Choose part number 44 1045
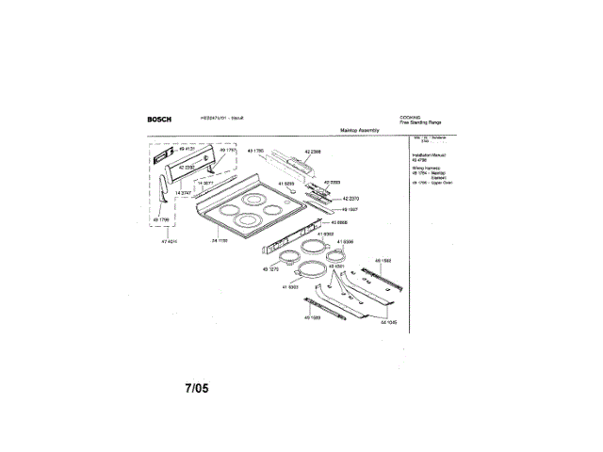tap(388, 320)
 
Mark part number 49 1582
tap(383, 259)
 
